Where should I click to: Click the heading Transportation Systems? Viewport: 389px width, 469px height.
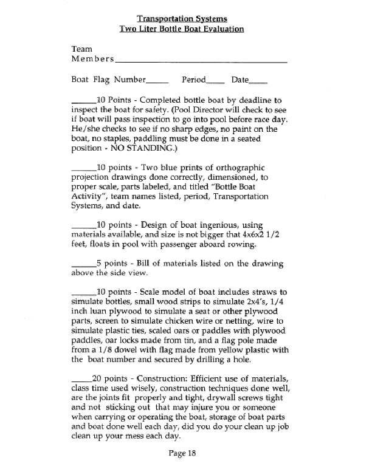tap(182, 18)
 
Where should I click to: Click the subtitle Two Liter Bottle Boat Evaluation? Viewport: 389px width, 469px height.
tap(182, 29)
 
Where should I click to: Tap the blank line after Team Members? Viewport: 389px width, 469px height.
tap(201, 62)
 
